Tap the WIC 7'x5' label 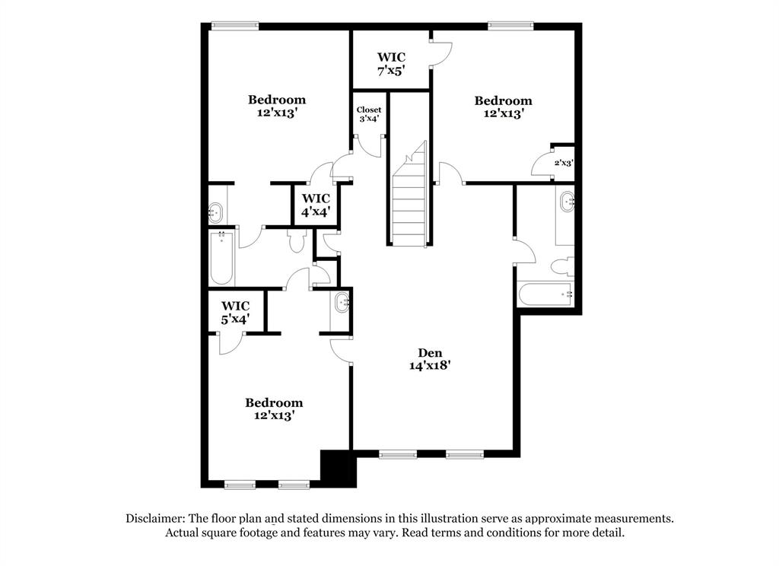click(x=391, y=63)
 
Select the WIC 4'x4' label click(x=315, y=205)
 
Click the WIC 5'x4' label click(x=235, y=313)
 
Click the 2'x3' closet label click(x=563, y=162)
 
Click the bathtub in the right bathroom click(x=544, y=294)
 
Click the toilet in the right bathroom click(x=561, y=266)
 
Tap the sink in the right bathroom click(x=567, y=202)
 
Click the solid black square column click(x=339, y=468)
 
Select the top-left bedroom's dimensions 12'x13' click(x=277, y=113)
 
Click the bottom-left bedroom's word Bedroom click(x=274, y=402)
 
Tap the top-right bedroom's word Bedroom click(x=503, y=100)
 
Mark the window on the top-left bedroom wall click(x=235, y=26)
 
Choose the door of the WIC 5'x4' click(x=230, y=343)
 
